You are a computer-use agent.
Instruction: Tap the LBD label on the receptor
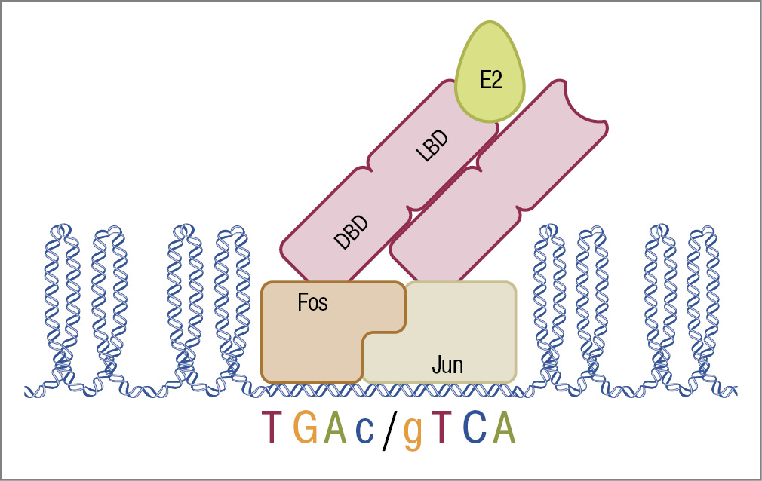tap(433, 146)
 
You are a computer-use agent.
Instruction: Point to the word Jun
tap(447, 366)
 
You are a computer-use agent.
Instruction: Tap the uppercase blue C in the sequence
tap(472, 428)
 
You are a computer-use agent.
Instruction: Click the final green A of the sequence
tap(503, 428)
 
